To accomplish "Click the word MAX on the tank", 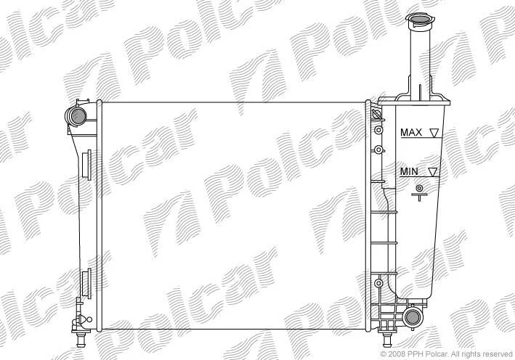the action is [411, 133].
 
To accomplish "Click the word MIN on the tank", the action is [409, 171].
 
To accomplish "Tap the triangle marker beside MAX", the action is [434, 133].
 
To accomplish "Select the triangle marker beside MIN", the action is [433, 172].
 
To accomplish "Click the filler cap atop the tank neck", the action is [418, 20].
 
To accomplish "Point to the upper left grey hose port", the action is [78, 115].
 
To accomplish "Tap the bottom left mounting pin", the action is [80, 339].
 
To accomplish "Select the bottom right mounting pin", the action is [387, 339].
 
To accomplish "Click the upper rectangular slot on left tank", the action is [87, 165].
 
